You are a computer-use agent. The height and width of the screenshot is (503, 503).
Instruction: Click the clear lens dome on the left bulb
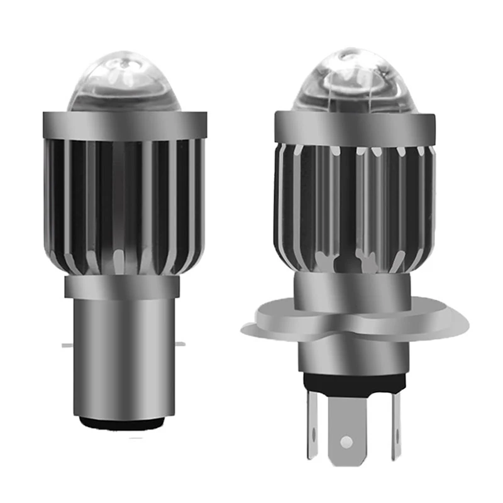(124, 84)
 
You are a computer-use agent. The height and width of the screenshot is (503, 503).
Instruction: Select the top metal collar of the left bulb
(124, 125)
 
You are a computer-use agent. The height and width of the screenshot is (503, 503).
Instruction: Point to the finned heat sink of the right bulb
(353, 207)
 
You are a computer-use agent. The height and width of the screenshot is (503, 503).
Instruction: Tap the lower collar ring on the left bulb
(123, 288)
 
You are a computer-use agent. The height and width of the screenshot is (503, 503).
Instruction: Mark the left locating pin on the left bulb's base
(67, 345)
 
